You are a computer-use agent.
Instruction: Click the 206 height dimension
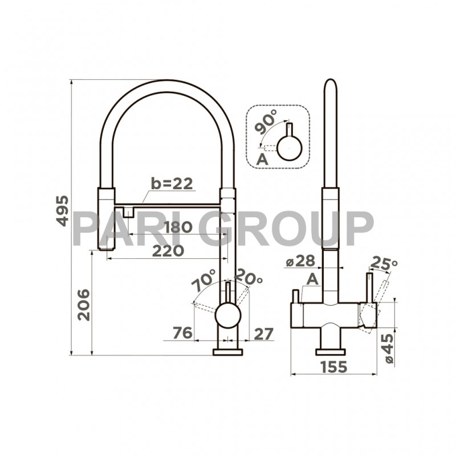click(x=83, y=304)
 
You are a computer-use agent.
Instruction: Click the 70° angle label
click(x=204, y=281)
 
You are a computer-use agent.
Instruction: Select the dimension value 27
click(x=263, y=333)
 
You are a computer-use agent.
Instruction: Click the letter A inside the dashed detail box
click(x=262, y=159)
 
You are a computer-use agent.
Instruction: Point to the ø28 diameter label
click(x=300, y=261)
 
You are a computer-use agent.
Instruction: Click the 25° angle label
click(x=384, y=263)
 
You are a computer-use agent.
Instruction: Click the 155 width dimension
click(x=333, y=367)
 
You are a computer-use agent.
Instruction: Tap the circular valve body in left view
click(x=227, y=315)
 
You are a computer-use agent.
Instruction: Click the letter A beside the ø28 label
click(x=312, y=279)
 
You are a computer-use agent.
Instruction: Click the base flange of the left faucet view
click(x=227, y=352)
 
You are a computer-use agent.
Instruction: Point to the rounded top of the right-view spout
click(x=329, y=85)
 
